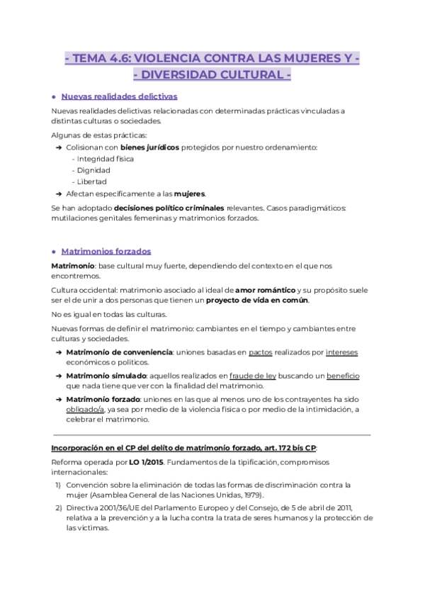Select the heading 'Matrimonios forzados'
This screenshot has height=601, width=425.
(x=106, y=251)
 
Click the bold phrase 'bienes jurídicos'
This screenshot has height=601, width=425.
(x=149, y=147)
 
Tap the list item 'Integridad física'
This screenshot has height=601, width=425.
(x=105, y=159)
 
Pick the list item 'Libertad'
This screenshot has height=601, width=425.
(x=92, y=181)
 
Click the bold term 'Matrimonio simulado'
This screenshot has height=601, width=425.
(x=106, y=375)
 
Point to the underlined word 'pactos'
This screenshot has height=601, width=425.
(x=261, y=352)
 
